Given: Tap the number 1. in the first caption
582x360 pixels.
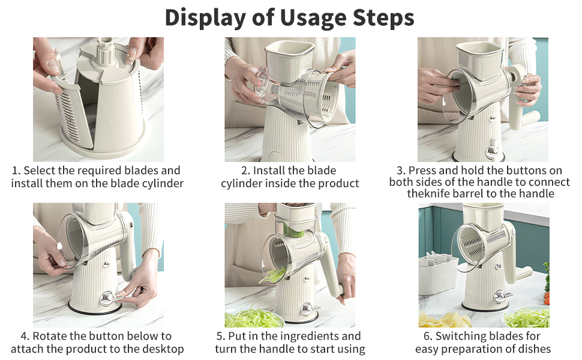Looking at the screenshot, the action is click(x=16, y=171).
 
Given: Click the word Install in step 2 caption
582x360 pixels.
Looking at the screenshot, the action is click(x=269, y=170).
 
